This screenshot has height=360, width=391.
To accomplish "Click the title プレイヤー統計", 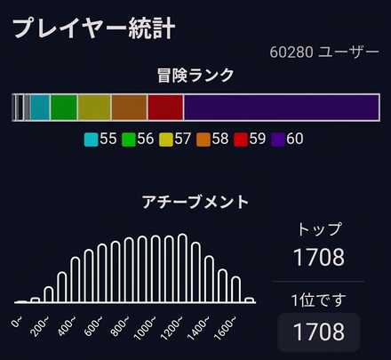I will [x=93, y=27].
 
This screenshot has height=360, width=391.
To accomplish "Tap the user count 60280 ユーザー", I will [x=323, y=52].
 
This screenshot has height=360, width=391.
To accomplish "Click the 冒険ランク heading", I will [x=195, y=76].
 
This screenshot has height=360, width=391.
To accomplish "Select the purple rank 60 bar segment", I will [x=283, y=107].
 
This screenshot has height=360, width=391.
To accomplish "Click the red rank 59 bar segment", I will [x=165, y=107].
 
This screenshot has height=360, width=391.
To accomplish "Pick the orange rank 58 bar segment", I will [x=129, y=107].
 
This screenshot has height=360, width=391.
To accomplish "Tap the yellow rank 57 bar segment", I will [x=94, y=107].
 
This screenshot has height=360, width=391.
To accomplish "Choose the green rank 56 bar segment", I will [x=63, y=107].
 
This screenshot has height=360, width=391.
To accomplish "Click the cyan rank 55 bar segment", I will [x=39, y=107].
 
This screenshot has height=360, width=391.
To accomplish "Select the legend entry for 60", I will [x=289, y=139].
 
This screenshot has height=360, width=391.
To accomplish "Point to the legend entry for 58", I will [x=213, y=139].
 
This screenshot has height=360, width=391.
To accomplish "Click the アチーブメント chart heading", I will [x=195, y=202].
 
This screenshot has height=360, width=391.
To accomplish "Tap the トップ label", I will [x=319, y=229].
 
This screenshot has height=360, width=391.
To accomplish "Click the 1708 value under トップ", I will [x=319, y=258].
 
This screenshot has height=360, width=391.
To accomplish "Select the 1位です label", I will [x=319, y=299].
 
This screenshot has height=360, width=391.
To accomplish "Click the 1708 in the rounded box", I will [x=319, y=332].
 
